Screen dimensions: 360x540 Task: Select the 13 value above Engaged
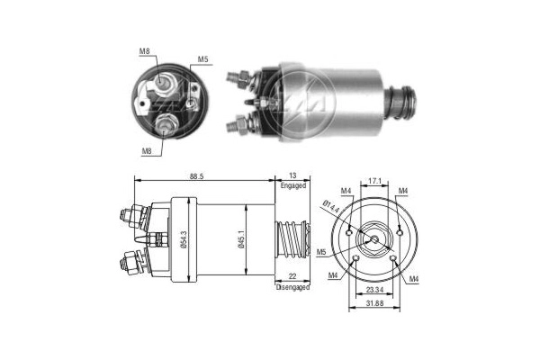click(292, 175)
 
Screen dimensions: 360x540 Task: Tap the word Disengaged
click(293, 287)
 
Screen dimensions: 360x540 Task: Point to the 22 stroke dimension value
click(292, 277)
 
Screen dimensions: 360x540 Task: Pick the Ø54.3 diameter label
click(184, 238)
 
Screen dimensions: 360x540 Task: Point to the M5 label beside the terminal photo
click(204, 61)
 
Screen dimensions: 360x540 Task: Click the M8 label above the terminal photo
click(145, 51)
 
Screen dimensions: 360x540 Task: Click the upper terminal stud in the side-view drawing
click(129, 215)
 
